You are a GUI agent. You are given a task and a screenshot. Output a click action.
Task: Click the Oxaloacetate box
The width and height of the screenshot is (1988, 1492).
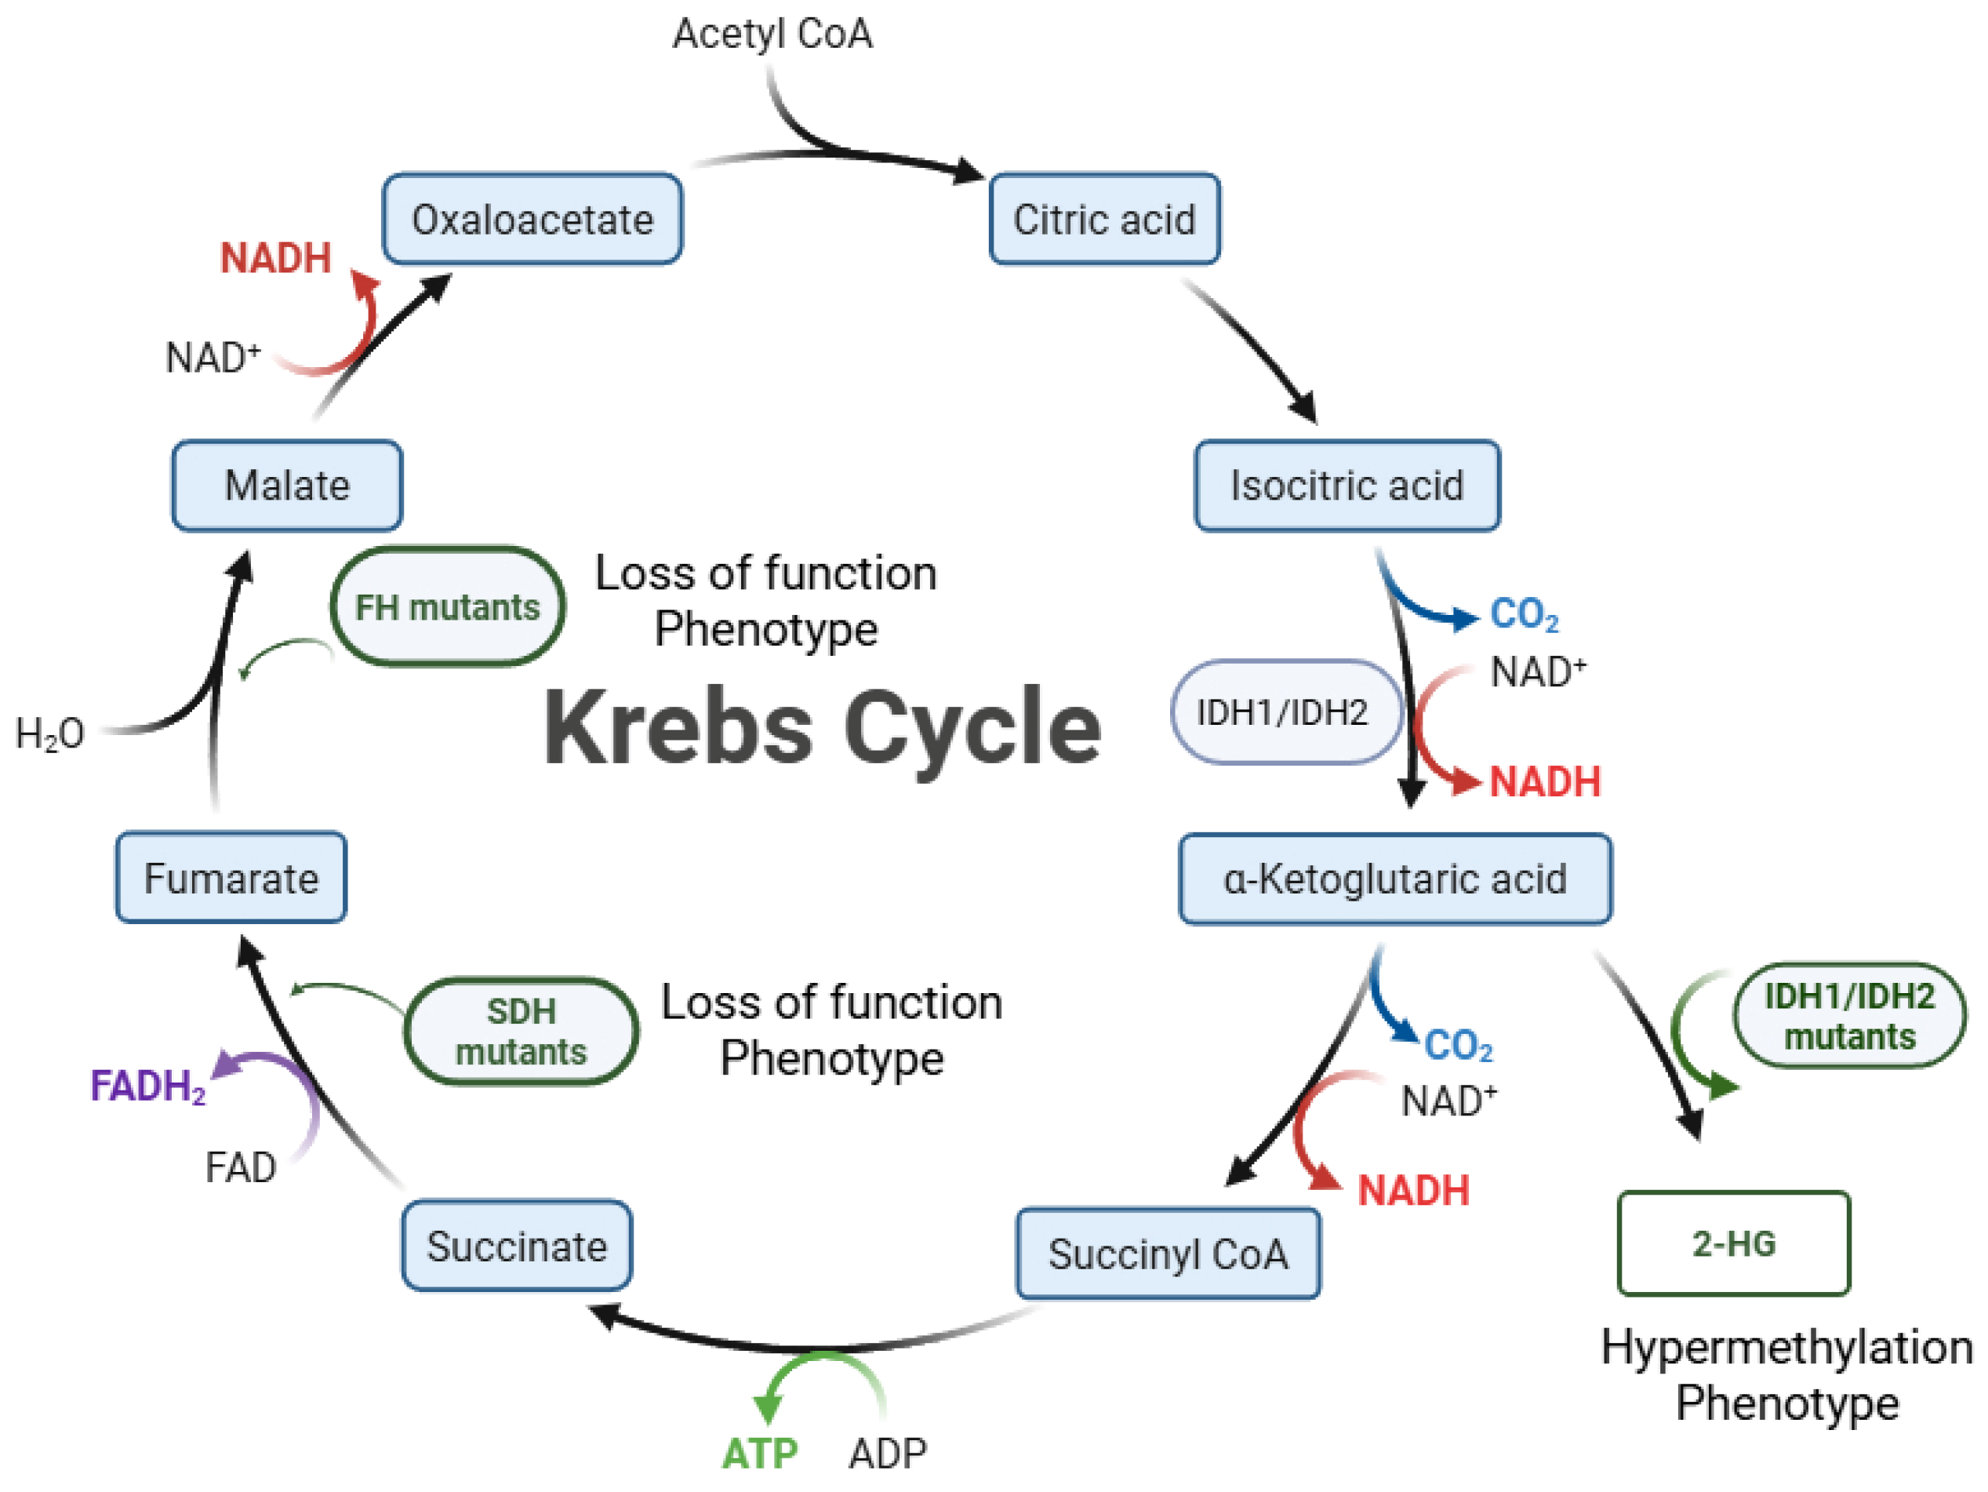(x=532, y=220)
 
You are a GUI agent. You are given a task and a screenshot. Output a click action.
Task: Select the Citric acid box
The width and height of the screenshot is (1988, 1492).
(x=1104, y=220)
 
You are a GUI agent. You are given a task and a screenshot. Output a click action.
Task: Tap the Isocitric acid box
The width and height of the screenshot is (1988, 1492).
(x=1347, y=486)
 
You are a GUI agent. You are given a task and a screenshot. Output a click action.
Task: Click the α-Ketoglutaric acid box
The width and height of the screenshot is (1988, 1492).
(x=1395, y=878)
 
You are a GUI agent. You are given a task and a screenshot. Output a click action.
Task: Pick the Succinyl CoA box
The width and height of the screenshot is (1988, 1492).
(x=1168, y=1253)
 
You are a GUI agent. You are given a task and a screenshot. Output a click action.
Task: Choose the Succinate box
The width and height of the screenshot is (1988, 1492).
(x=517, y=1246)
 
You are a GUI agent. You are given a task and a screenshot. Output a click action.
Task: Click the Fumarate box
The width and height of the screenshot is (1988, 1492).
(x=231, y=877)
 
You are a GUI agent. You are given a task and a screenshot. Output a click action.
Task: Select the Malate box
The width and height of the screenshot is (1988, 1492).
(x=287, y=486)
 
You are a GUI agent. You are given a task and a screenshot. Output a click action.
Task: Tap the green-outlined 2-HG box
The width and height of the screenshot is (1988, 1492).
(x=1734, y=1243)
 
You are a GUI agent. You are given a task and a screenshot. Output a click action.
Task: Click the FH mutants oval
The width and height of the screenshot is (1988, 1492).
(x=448, y=606)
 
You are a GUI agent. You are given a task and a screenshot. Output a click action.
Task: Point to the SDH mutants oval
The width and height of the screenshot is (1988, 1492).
(x=522, y=1031)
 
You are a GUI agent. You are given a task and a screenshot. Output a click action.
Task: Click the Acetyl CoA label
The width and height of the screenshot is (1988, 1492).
(x=772, y=35)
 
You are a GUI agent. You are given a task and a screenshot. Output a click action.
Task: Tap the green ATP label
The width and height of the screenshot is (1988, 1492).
(x=759, y=1454)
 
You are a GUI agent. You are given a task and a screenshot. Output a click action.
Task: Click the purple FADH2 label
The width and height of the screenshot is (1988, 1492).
(x=148, y=1086)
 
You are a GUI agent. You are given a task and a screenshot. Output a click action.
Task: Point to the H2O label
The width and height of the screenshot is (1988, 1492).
(x=50, y=734)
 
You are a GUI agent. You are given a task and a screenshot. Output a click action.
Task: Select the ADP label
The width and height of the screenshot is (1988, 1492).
(x=887, y=1454)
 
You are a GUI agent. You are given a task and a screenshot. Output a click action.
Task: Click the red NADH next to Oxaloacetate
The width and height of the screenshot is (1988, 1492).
(x=276, y=258)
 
